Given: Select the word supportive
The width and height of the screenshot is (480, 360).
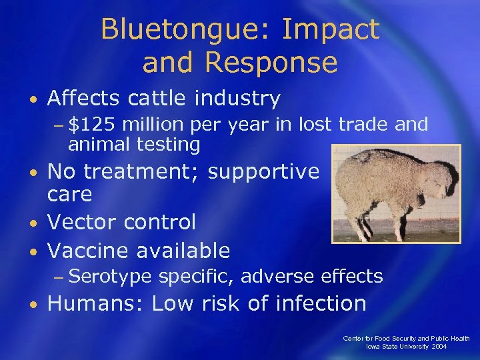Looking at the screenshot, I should point(264,172).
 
